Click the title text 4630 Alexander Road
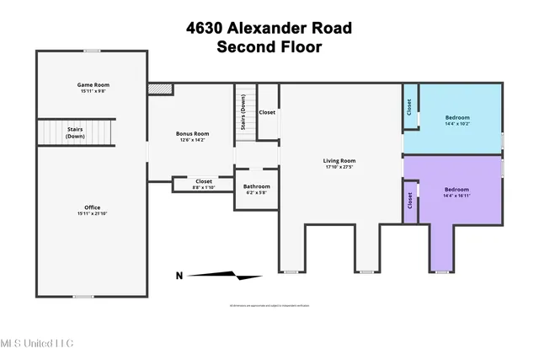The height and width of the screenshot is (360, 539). click(x=269, y=28)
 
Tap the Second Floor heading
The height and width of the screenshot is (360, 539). click(x=269, y=47)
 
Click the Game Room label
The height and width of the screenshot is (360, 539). click(x=93, y=85)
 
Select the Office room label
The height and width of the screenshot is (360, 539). click(x=93, y=207)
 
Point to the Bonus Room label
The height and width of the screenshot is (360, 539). click(x=192, y=134)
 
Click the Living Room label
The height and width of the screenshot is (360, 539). click(x=339, y=160)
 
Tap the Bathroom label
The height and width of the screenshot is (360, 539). click(x=257, y=186)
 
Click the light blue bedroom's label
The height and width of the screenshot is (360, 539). click(x=456, y=117)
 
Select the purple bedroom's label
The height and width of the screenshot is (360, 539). click(x=456, y=190)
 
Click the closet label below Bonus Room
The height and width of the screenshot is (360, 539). click(x=204, y=180)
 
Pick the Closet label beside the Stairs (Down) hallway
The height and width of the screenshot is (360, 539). click(x=267, y=112)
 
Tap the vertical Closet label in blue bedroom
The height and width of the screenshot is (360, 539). click(x=410, y=107)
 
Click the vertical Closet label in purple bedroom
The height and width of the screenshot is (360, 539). click(x=410, y=201)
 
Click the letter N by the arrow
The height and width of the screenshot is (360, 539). click(x=178, y=275)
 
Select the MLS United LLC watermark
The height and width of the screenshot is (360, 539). click(x=37, y=343)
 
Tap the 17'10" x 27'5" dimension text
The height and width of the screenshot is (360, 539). click(x=339, y=167)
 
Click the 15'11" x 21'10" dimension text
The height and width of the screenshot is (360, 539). click(x=93, y=214)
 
